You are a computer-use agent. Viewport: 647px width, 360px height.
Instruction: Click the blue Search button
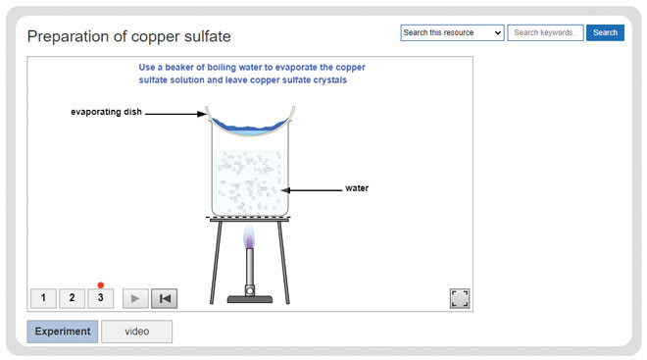(605, 32)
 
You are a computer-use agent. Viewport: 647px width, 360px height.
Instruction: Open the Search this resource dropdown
(452, 32)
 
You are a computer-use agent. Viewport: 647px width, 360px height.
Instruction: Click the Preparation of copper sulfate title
(128, 36)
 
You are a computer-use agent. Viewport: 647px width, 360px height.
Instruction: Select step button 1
(43, 298)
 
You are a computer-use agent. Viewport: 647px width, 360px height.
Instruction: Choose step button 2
(72, 298)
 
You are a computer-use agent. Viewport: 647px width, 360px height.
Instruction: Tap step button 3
(100, 298)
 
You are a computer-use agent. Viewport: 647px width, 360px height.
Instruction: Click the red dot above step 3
(100, 285)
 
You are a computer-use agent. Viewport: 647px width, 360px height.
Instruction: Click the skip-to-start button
(165, 298)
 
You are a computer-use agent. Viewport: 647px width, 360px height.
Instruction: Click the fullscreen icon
(460, 298)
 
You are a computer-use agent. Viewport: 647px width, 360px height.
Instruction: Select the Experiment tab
(63, 332)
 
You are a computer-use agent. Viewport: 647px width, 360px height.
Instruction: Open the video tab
(136, 332)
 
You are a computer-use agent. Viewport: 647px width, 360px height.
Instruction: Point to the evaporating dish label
(107, 112)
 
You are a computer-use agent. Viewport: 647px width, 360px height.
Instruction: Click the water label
(357, 188)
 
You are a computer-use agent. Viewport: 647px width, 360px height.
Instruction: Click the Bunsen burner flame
(249, 237)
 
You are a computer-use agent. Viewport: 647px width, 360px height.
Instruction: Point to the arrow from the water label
(311, 189)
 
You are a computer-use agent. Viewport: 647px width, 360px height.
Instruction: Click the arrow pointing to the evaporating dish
(176, 113)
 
